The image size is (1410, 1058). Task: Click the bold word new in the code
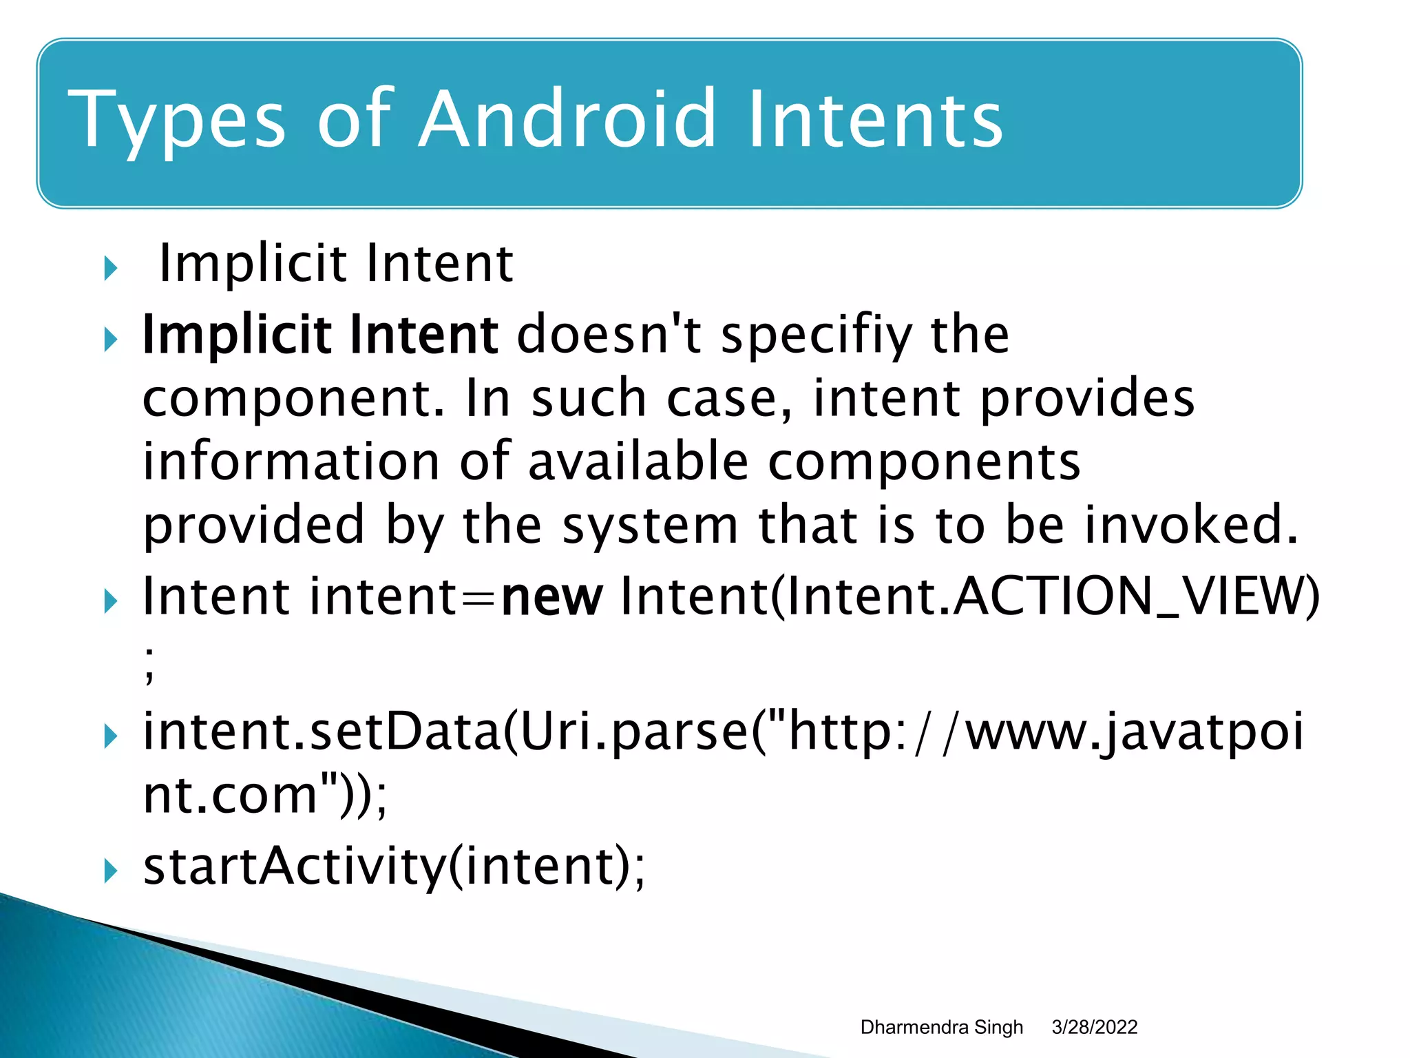click(552, 597)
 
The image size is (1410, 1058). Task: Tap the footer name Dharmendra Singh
click(941, 1027)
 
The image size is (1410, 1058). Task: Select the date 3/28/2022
click(1094, 1027)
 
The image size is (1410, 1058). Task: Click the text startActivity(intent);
click(394, 867)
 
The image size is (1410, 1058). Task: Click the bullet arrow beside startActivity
click(110, 871)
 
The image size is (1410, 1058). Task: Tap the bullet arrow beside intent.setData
click(110, 737)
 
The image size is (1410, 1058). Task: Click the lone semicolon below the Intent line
click(149, 665)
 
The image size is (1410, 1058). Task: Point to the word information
click(291, 461)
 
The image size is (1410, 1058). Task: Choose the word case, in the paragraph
click(730, 398)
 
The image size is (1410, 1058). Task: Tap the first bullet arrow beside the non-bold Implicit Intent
click(110, 269)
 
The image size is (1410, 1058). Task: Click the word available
click(638, 461)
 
